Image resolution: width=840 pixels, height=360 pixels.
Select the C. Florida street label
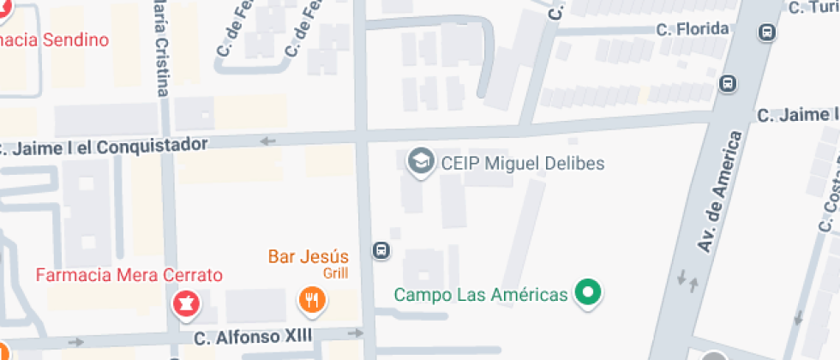pyautogui.click(x=693, y=29)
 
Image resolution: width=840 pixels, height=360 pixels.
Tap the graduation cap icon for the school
pyautogui.click(x=420, y=161)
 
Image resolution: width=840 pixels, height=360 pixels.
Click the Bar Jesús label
pyautogui.click(x=309, y=256)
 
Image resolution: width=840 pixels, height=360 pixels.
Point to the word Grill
pyautogui.click(x=335, y=273)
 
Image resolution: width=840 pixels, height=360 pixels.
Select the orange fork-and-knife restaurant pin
pyautogui.click(x=310, y=300)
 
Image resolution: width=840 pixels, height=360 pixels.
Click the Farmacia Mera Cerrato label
pyautogui.click(x=129, y=275)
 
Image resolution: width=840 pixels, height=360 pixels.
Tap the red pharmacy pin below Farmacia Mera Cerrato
pyautogui.click(x=184, y=302)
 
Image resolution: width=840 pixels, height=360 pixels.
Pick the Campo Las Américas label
pyautogui.click(x=481, y=295)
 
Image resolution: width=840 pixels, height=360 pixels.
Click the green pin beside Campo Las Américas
pyautogui.click(x=587, y=292)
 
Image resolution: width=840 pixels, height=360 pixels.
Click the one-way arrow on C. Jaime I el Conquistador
pyautogui.click(x=268, y=141)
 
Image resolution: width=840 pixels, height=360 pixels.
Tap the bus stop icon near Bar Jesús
pyautogui.click(x=381, y=251)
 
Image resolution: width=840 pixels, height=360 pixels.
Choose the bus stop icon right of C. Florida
pyautogui.click(x=767, y=33)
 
